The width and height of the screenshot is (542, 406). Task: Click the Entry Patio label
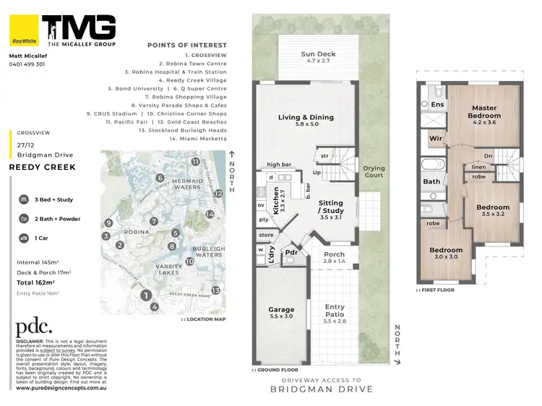tap(335, 311)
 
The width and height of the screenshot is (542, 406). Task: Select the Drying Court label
tap(374, 171)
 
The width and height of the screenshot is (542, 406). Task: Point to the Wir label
tap(435, 137)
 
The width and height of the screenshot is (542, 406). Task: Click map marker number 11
tap(194, 162)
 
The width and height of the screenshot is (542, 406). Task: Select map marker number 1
tap(145, 295)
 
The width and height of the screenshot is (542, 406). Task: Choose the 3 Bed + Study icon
tap(24, 199)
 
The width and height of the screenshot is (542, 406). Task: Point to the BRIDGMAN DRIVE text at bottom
tap(322, 389)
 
